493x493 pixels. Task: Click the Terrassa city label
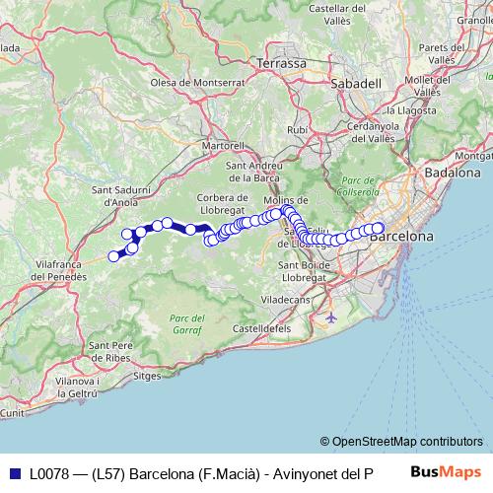281,63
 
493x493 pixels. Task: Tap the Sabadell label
355,84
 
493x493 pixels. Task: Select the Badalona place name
452,172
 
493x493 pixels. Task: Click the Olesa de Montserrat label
182,82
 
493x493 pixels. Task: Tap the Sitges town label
146,376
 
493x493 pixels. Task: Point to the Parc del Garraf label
186,323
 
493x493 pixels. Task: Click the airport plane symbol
329,317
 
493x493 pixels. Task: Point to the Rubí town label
297,129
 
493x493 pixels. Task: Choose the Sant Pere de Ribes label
110,351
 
